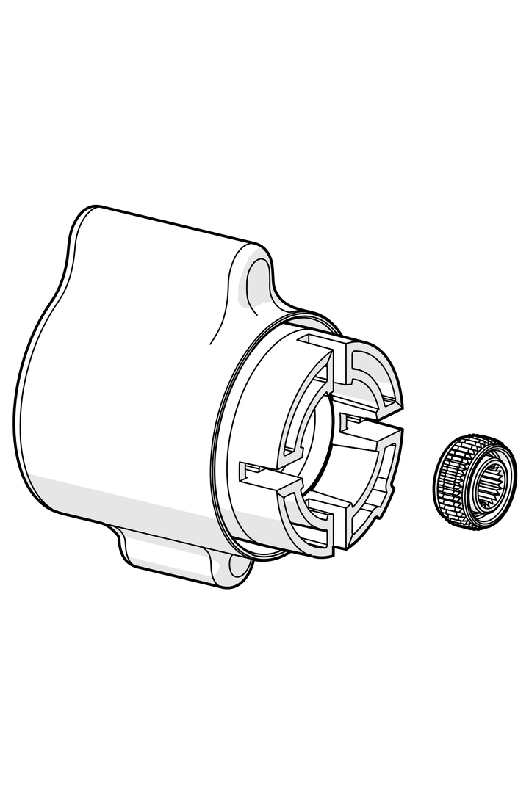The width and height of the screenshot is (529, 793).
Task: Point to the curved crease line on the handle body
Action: (x=220, y=308)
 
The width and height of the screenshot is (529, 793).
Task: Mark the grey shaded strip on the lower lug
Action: (x=176, y=570)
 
